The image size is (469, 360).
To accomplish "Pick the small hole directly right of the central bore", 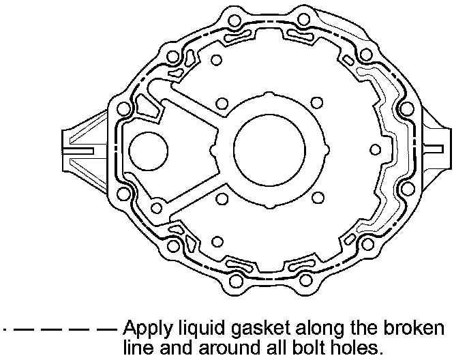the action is (373, 149).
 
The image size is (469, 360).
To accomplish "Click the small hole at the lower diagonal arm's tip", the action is (156, 208).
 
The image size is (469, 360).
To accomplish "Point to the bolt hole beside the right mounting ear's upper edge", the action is (406, 109).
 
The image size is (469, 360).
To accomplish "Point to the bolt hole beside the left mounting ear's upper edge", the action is (124, 109).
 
